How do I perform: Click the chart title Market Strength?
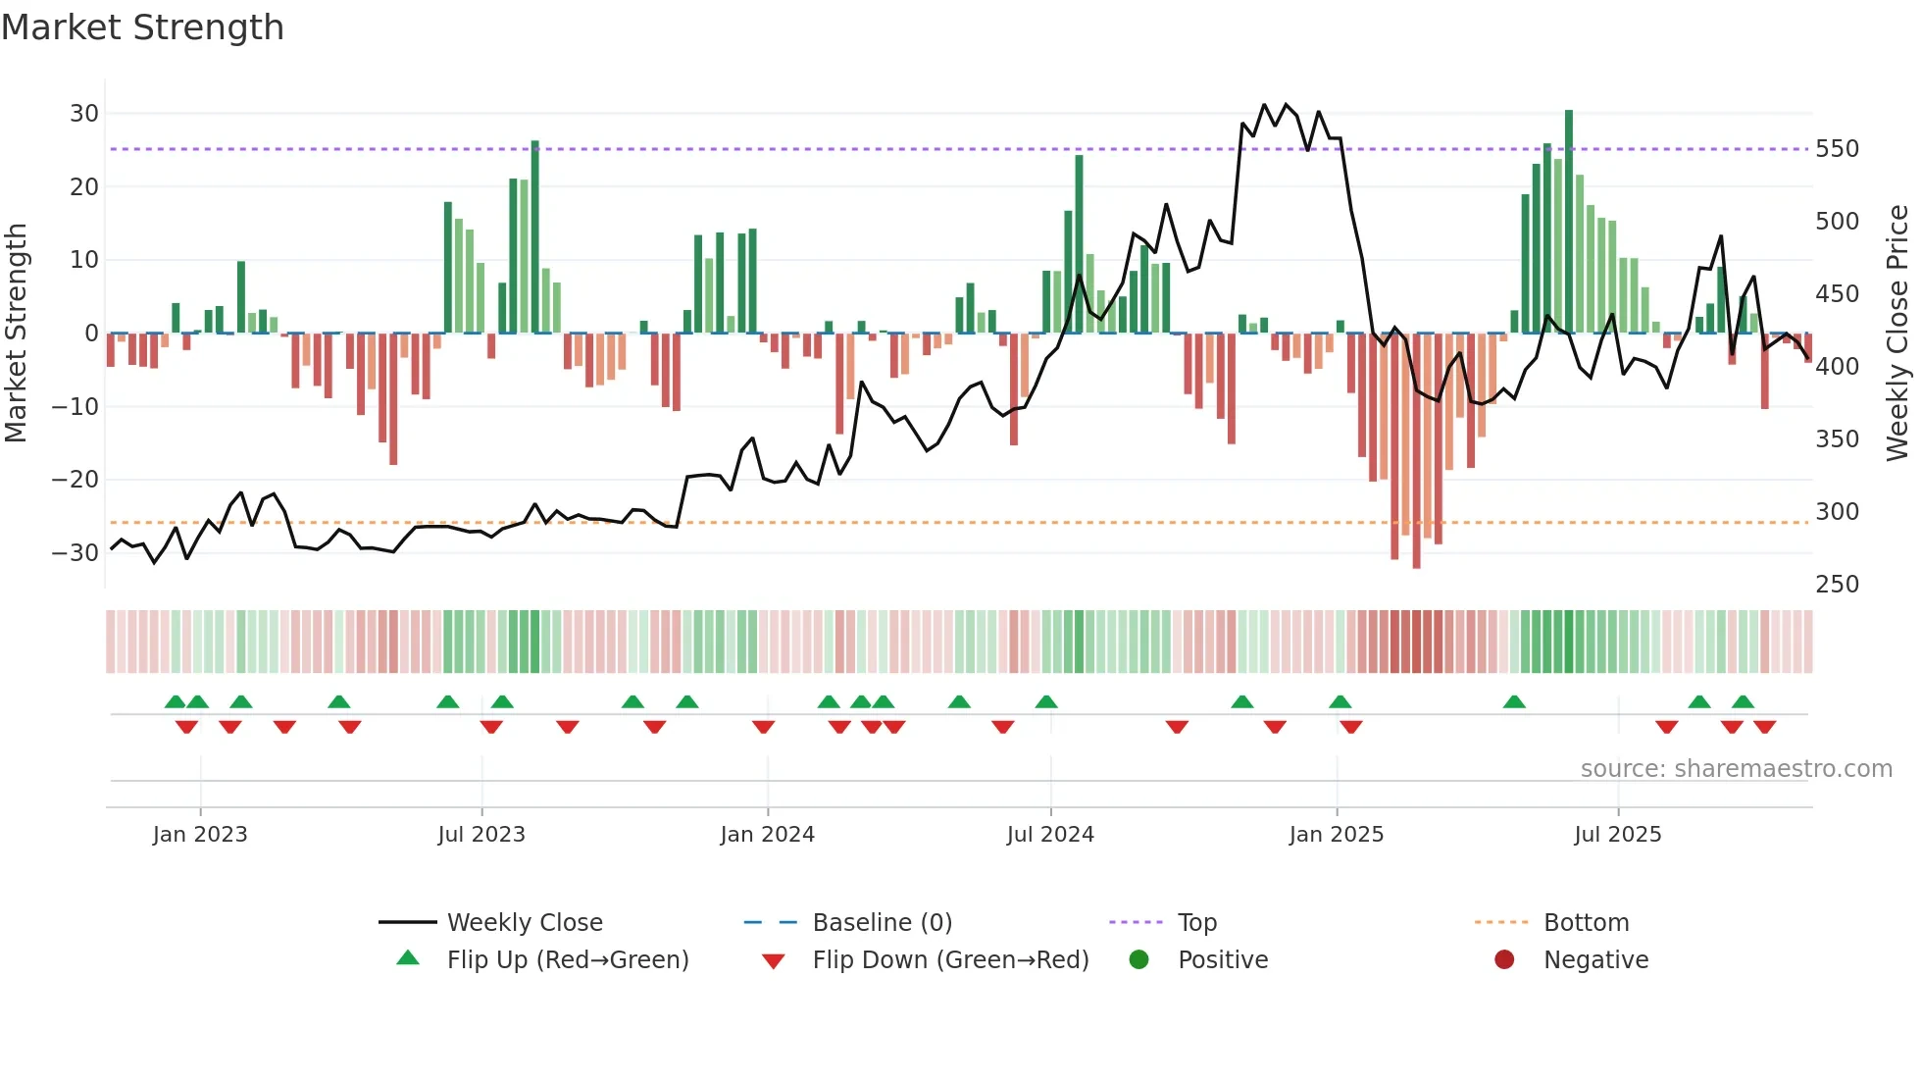pos(142,27)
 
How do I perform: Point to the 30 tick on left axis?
pos(84,114)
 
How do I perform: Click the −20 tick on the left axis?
pos(76,480)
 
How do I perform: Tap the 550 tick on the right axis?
pos(1837,149)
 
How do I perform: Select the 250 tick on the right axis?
pos(1837,585)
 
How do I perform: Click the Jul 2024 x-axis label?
pos(1049,835)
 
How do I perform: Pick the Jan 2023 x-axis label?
pos(200,835)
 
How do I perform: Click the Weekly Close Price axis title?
pos(1898,334)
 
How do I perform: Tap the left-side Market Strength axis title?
pos(16,334)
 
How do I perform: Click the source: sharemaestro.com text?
pos(1736,769)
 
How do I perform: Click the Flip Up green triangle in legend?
pos(408,958)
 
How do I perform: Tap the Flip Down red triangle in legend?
pos(773,961)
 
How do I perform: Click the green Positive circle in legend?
pos(1138,959)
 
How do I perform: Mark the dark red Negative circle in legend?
pos(1504,959)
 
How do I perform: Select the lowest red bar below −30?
pos(1416,451)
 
